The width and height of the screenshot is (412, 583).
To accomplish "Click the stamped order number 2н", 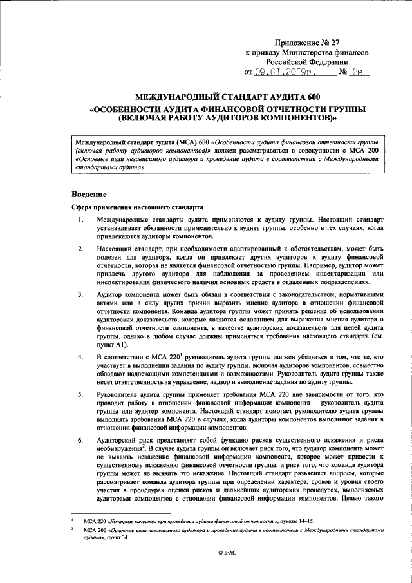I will coord(359,73).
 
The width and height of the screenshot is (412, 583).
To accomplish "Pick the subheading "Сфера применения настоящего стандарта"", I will coord(137,208).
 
